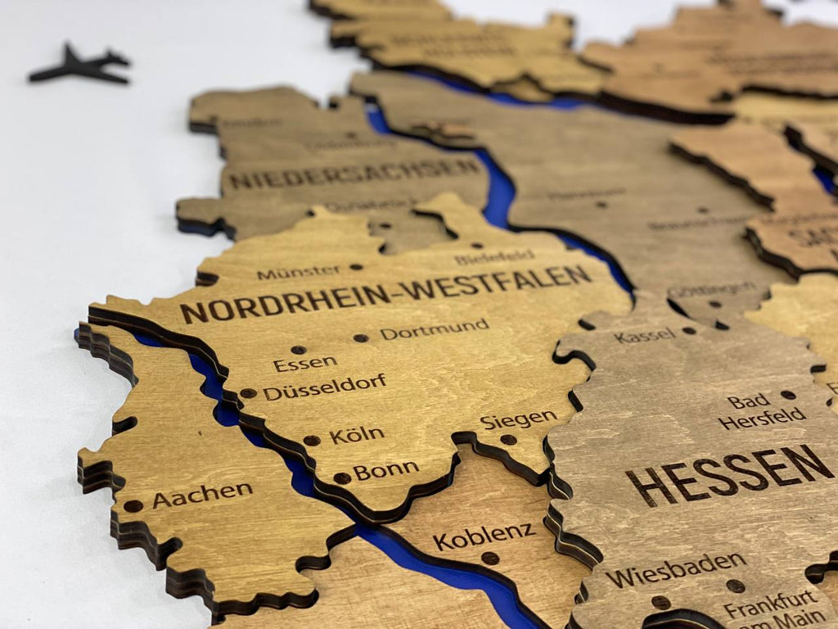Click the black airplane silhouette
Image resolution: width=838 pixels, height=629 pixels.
point(80,66)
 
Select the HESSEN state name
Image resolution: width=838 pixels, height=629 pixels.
point(729,474)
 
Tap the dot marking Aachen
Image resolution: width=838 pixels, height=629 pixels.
point(133,506)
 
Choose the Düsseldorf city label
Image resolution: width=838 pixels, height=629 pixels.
point(324,387)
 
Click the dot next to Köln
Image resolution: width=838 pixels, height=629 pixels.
point(312,441)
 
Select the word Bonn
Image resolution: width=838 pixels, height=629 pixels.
point(385,471)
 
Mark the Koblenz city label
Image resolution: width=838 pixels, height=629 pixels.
point(484,536)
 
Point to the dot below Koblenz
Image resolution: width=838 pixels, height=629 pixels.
point(489,559)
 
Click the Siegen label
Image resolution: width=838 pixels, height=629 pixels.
point(518,419)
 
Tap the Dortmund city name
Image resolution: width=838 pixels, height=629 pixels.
point(435,329)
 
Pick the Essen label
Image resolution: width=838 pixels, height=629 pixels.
point(305,363)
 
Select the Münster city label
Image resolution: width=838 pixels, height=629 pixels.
point(299,272)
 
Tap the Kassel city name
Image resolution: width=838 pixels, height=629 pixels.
point(645,336)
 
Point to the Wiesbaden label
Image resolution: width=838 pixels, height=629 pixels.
point(676,568)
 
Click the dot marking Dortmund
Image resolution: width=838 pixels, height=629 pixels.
point(360,337)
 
